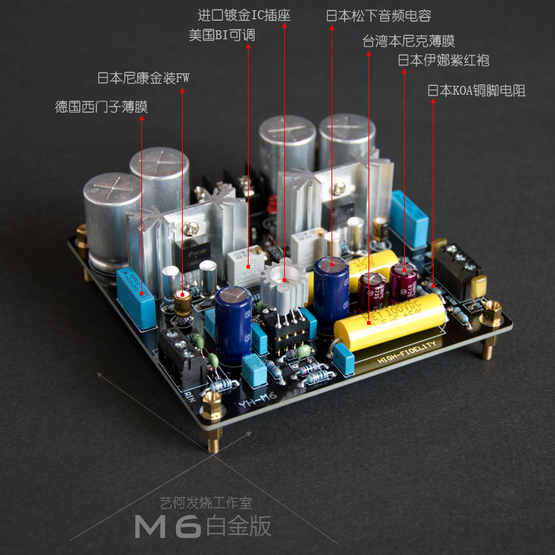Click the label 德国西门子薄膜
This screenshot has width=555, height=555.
click(x=101, y=107)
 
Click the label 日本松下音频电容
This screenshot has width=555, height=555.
click(x=378, y=16)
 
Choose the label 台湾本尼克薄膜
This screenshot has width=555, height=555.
click(x=408, y=40)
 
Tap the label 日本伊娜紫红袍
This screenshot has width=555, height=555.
click(x=443, y=60)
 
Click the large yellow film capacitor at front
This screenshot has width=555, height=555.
click(x=389, y=323)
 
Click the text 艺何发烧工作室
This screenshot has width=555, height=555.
click(x=206, y=503)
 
